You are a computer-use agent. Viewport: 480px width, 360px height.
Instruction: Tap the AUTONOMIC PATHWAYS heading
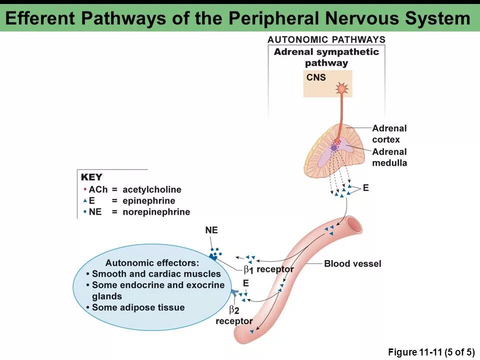pos(326,39)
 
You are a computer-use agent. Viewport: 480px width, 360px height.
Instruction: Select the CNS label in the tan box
pos(316,77)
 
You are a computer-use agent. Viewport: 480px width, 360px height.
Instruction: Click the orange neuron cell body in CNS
pos(342,89)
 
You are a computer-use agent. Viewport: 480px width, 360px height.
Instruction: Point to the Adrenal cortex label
pos(389,133)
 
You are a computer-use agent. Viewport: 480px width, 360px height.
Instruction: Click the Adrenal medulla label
pos(389,157)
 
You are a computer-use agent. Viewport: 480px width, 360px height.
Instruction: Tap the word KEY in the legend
pos(91,177)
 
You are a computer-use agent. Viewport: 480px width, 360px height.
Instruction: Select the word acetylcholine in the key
pos(152,189)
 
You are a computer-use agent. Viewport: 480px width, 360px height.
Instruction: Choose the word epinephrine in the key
pos(148,200)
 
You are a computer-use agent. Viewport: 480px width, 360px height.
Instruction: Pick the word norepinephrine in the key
pos(156,211)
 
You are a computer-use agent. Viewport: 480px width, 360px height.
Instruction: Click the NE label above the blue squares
pos(211,230)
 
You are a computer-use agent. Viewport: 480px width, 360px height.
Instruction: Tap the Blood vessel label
pos(352,263)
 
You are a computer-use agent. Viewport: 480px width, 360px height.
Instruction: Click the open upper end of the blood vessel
pos(354,224)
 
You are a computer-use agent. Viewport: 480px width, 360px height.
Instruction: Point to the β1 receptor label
pos(268,269)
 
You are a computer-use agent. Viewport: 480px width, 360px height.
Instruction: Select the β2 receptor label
pos(234,315)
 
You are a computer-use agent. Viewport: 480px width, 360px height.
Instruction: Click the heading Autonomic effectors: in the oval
pos(152,263)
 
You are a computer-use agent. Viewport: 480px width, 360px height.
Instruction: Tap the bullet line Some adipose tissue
pos(138,307)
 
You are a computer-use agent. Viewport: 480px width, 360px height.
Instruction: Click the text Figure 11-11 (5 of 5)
pos(431,352)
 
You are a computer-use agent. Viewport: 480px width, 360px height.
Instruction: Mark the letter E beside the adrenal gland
pos(365,188)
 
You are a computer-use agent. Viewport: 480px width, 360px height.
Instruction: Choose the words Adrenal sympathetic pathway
pos(326,57)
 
